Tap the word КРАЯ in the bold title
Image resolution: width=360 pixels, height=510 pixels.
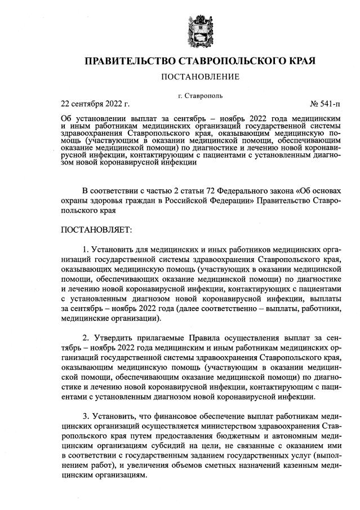point(296,60)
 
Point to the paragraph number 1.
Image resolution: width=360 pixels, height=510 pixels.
point(86,250)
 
